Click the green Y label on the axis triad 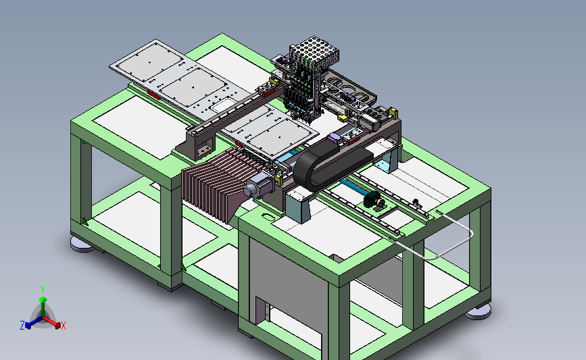pos(43,290)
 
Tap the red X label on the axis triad pos(64,326)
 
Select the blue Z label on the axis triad pos(22,326)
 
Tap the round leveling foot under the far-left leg pos(82,244)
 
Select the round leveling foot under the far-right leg pos(479,311)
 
